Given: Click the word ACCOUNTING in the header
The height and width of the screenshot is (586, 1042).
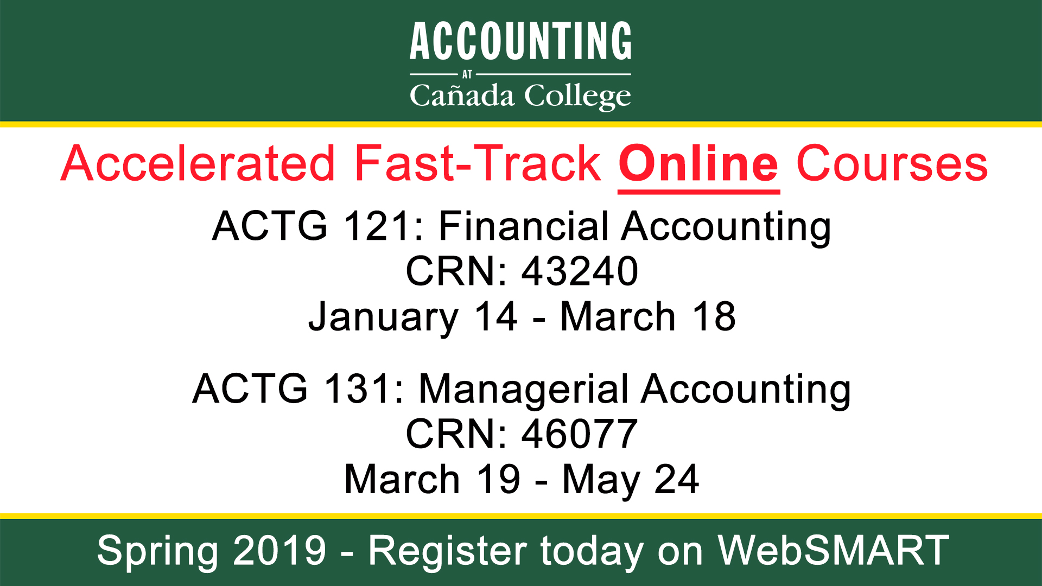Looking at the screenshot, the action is [520, 41].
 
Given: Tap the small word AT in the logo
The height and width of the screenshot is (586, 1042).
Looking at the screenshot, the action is [467, 75].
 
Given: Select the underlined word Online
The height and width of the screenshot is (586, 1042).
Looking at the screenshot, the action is [699, 164].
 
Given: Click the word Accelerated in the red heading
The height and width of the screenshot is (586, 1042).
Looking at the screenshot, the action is [198, 163].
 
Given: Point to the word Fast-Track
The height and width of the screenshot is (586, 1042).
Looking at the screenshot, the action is [478, 163].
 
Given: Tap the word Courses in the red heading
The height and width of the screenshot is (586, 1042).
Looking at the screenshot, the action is [892, 163].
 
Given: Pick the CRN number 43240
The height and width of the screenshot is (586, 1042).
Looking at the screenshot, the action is [580, 271].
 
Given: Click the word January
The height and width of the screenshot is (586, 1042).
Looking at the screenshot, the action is [384, 318].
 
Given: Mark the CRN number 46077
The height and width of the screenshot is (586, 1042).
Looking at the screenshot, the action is [580, 434].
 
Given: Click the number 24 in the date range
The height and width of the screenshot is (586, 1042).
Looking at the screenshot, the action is [677, 480].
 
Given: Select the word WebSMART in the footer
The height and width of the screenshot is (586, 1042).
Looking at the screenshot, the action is [833, 550].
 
